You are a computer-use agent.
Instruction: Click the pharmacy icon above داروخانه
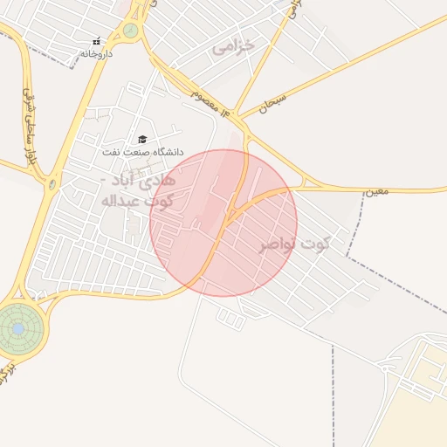pyautogui.click(x=96, y=41)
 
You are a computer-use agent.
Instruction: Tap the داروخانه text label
pyautogui.click(x=97, y=53)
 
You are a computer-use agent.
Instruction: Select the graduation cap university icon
pyautogui.click(x=142, y=140)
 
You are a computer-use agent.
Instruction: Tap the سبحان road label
pyautogui.click(x=272, y=107)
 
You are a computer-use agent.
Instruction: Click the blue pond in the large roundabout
pyautogui.click(x=17, y=327)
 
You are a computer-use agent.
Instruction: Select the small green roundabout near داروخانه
pyautogui.click(x=130, y=31)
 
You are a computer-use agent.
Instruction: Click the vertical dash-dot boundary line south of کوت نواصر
pyautogui.click(x=333, y=393)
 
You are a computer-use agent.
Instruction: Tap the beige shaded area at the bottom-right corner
pyautogui.click(x=419, y=410)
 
